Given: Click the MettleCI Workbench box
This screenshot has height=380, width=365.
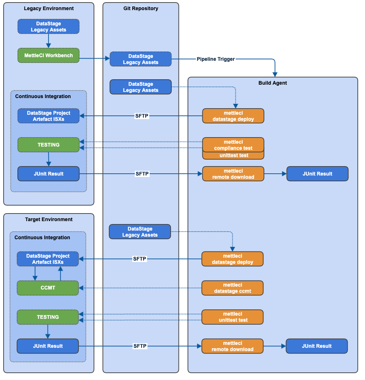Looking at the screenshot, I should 48,55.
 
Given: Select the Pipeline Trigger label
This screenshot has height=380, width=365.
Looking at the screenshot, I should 215,59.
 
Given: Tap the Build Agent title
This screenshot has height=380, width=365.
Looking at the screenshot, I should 272,83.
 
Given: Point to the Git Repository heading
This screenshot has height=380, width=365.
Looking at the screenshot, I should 141,8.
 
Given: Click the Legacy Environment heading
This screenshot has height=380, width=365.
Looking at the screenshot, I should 49,8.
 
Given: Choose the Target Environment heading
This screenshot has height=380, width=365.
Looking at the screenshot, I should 49,219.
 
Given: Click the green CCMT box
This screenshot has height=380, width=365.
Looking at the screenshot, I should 48,288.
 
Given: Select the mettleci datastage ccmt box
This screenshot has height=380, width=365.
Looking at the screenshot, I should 232,288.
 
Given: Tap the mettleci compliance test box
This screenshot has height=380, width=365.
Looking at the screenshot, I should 233,145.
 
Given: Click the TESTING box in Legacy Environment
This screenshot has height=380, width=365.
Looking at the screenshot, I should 48,145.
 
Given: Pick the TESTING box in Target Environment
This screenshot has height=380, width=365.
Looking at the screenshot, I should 48,317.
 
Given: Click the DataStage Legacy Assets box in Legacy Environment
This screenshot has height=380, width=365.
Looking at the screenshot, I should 48,27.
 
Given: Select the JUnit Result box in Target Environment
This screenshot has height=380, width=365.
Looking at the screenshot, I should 48,346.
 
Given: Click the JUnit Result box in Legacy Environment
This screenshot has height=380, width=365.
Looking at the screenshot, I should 48,174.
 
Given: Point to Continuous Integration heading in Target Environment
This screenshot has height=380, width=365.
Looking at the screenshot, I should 42,237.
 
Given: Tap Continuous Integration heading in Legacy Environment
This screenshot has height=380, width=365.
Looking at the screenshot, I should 43,96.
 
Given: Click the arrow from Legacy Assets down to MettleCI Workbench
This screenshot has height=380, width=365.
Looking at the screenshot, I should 48,41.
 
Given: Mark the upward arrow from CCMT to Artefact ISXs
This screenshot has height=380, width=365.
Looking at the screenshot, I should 60,273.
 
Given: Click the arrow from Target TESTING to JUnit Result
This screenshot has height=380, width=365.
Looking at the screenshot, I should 48,331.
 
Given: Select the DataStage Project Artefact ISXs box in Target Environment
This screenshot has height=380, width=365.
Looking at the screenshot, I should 48,259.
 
